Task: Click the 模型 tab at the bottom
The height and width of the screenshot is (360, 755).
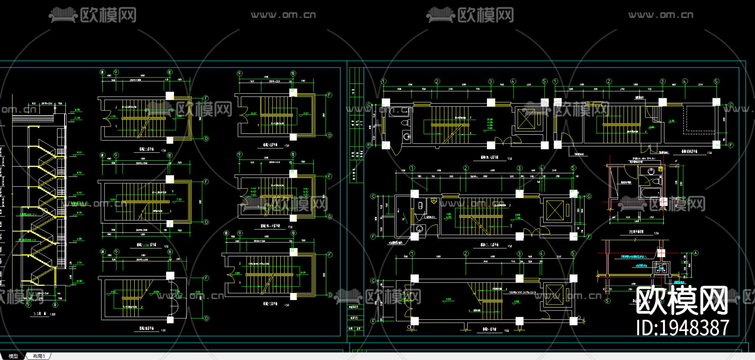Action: click(13, 356)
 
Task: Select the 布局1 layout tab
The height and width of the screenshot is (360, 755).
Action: click(39, 356)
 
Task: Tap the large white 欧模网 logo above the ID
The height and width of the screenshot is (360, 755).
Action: click(682, 300)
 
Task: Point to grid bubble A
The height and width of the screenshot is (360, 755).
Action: click(695, 253)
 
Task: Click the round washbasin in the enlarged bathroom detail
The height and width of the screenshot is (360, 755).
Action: click(651, 171)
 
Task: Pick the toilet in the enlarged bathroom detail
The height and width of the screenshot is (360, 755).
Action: click(656, 182)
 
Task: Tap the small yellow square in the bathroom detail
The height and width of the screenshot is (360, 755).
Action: click(661, 169)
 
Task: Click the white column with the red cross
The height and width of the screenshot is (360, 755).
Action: click(661, 253)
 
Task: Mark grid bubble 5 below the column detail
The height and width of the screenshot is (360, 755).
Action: click(607, 300)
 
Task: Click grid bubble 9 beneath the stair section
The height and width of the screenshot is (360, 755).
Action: click(28, 305)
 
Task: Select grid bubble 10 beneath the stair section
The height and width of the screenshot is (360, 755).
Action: click(55, 305)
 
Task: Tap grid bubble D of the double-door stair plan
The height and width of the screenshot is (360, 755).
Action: click(206, 318)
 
